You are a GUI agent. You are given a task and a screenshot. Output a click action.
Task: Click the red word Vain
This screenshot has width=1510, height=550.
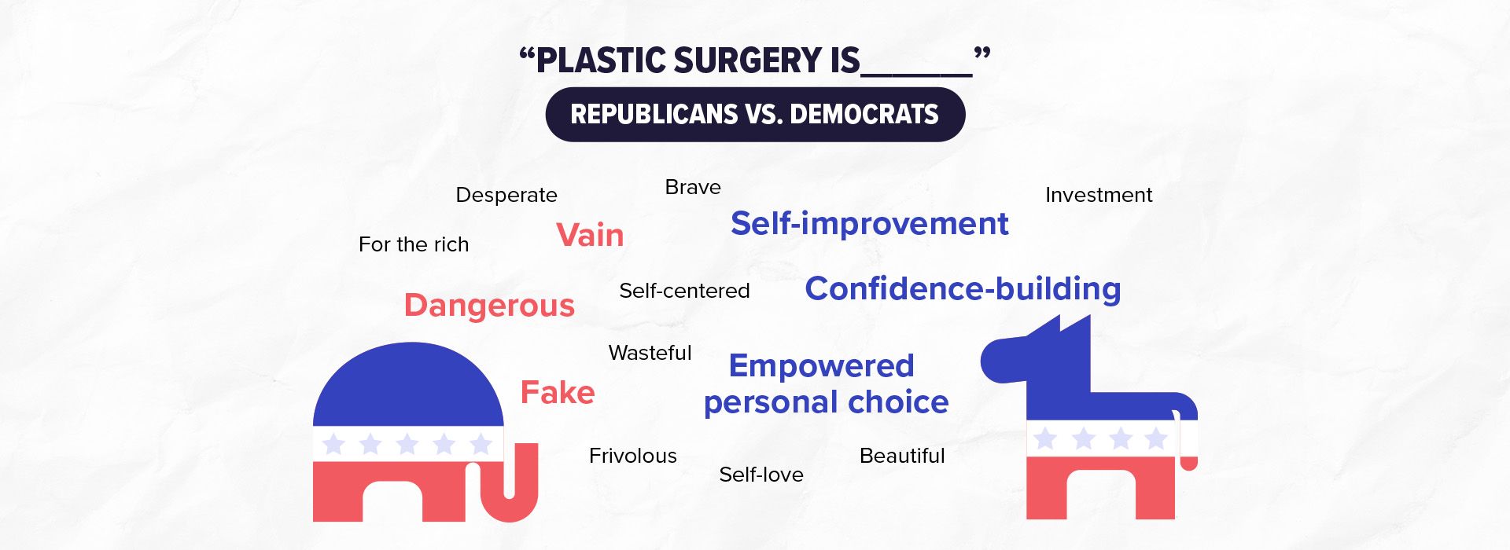(x=590, y=235)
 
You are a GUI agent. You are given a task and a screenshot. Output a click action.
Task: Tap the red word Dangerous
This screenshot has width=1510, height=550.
(x=489, y=306)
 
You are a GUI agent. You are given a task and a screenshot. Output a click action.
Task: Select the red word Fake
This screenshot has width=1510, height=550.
(x=558, y=392)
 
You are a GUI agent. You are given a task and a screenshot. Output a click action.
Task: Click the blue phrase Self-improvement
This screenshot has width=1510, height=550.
(x=869, y=224)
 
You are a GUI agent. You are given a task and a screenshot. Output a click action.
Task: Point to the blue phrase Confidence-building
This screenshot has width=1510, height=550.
(x=963, y=289)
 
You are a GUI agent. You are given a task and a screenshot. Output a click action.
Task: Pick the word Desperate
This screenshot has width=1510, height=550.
(x=506, y=195)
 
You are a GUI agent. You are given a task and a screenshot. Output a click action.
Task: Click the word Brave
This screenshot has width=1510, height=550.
(x=693, y=187)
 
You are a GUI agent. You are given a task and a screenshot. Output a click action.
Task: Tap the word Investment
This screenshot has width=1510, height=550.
(x=1099, y=195)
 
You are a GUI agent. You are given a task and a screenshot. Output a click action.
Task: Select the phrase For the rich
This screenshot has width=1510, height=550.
(x=414, y=244)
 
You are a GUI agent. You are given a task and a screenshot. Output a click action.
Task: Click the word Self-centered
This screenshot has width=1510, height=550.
(x=684, y=291)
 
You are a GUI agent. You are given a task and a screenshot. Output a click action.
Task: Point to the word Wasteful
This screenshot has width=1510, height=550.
(x=650, y=353)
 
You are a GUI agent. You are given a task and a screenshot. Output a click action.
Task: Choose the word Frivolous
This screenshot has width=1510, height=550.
(x=632, y=456)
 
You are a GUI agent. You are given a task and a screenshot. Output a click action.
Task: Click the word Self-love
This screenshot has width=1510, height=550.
(x=761, y=475)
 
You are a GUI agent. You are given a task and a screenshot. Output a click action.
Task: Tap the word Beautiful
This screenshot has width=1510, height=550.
(x=902, y=456)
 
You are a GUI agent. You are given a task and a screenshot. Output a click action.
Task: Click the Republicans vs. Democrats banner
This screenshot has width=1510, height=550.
(x=755, y=115)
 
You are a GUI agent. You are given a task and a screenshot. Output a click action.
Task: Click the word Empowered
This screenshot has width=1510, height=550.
(x=821, y=366)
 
